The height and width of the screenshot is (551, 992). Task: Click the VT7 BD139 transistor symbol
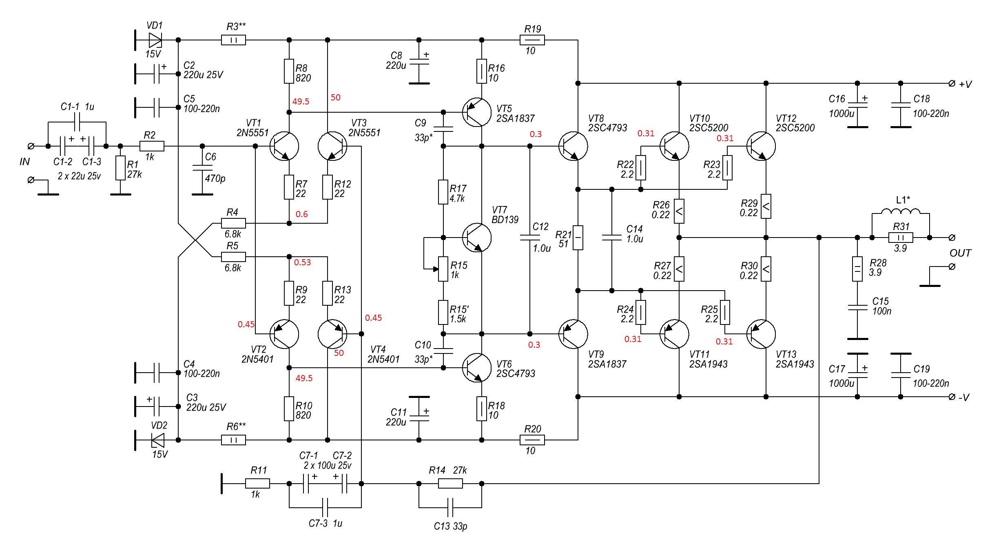[476, 238]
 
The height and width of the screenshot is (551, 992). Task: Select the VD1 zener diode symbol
[155, 40]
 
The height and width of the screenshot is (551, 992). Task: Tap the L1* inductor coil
[901, 211]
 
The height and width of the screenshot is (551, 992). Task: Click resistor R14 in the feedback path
[450, 484]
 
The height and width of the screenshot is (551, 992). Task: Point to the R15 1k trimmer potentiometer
[443, 269]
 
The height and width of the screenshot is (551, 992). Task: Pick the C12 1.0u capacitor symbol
[530, 238]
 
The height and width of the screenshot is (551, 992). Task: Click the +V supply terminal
[952, 83]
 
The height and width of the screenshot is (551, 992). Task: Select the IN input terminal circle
[31, 146]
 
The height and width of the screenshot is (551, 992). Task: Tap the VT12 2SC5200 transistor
[761, 146]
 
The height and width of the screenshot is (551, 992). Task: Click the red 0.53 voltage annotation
[302, 262]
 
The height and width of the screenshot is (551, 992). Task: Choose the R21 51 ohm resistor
[578, 238]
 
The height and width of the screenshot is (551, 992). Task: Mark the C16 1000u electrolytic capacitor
[857, 105]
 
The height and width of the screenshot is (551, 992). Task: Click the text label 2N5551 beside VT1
[252, 133]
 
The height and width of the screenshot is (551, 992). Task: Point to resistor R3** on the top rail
[233, 40]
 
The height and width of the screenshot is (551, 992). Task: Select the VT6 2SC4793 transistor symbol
[476, 368]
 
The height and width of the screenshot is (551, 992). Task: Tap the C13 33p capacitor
[450, 508]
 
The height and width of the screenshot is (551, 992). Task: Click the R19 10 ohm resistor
[532, 40]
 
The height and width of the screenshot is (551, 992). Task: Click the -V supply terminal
[952, 397]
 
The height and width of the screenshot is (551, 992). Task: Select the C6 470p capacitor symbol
[202, 168]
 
